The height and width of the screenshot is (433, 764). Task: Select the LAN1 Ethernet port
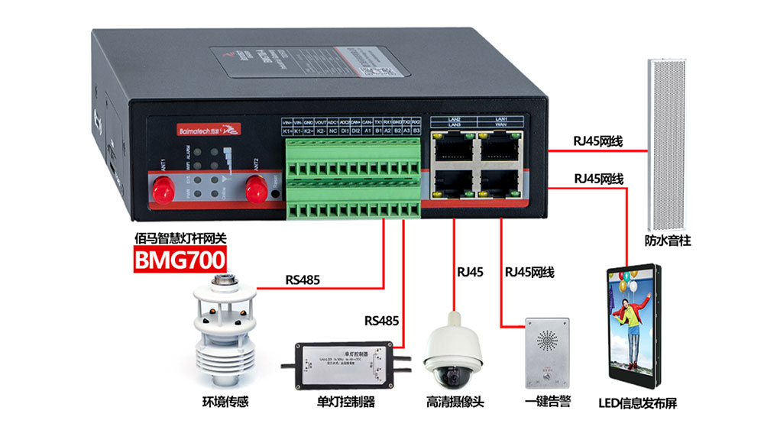click(x=500, y=147)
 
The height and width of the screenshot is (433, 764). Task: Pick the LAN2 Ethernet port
click(x=452, y=147)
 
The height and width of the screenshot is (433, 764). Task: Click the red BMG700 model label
click(x=180, y=260)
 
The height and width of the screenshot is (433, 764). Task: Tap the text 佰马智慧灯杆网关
click(x=180, y=238)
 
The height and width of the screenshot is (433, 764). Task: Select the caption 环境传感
click(x=225, y=402)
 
